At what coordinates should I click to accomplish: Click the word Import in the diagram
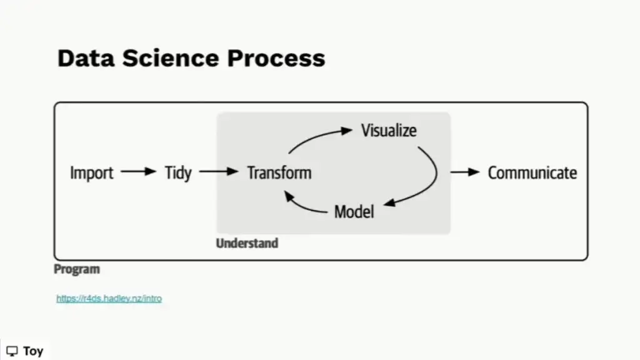91,173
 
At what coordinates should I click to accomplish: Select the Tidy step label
178,173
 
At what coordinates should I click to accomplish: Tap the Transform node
279,172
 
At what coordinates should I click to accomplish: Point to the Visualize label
389,131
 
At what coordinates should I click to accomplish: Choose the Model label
354,212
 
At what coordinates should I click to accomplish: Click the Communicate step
532,172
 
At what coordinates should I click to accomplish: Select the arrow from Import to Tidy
138,171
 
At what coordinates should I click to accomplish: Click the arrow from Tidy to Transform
219,171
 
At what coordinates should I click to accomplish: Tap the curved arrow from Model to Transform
301,207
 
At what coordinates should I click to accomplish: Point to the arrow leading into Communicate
465,172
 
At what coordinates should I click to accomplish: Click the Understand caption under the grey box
247,243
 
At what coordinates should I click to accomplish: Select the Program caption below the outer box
77,269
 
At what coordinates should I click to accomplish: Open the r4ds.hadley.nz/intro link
109,298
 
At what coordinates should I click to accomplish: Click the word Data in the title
86,58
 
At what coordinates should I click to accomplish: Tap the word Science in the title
171,58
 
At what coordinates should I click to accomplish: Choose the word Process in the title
276,58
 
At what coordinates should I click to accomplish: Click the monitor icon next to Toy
12,351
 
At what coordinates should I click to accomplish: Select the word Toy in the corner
33,351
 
